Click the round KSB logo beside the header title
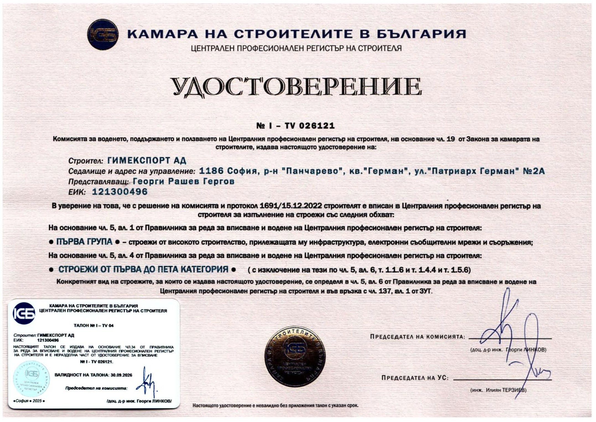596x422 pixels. tap(103, 35)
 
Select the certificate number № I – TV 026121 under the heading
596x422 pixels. tap(295, 126)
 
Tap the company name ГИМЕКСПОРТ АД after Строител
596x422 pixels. tap(147, 160)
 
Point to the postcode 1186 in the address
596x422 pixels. tap(211, 171)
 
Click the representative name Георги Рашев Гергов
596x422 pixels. tap(184, 182)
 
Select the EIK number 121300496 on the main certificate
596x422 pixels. tap(120, 192)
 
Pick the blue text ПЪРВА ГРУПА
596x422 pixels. tap(84, 242)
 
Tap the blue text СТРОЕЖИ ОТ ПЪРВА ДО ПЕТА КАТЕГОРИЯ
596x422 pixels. tap(143, 269)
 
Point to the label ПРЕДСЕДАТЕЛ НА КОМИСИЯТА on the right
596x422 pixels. tap(417, 337)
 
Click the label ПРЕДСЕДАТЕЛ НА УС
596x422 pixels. tap(415, 378)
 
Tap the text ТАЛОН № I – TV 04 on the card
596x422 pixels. tap(93, 326)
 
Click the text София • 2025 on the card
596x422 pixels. tap(29, 401)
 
